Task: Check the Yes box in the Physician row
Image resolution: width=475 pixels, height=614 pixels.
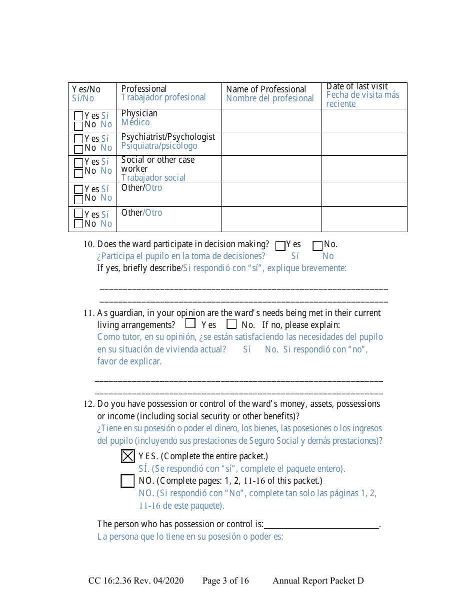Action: (x=78, y=116)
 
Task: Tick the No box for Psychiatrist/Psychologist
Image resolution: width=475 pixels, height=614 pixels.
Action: (x=78, y=149)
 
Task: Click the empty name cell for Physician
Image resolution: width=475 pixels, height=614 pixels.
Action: (x=271, y=120)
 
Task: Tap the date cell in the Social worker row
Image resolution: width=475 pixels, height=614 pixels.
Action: (x=364, y=169)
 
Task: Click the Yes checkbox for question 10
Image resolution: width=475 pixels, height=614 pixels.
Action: (x=280, y=246)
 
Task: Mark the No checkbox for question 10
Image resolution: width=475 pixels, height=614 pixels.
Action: (x=317, y=246)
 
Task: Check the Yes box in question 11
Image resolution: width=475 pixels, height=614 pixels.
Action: (x=190, y=323)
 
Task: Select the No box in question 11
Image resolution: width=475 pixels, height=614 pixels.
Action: (x=231, y=323)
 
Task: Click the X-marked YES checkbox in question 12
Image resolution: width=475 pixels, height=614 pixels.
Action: (x=128, y=456)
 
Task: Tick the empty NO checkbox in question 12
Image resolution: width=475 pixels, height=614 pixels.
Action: (x=128, y=481)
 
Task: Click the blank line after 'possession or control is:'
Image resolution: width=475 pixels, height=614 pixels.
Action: (x=321, y=524)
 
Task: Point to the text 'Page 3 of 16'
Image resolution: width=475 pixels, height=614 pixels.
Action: (x=225, y=581)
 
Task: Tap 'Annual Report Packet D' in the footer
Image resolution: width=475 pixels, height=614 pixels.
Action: (x=318, y=581)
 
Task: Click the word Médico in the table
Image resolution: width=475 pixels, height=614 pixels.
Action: (x=135, y=122)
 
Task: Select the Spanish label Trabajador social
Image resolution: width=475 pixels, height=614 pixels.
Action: (x=153, y=178)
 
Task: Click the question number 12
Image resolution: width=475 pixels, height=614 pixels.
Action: (x=89, y=404)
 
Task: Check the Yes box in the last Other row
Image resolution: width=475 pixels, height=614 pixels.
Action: (x=78, y=213)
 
